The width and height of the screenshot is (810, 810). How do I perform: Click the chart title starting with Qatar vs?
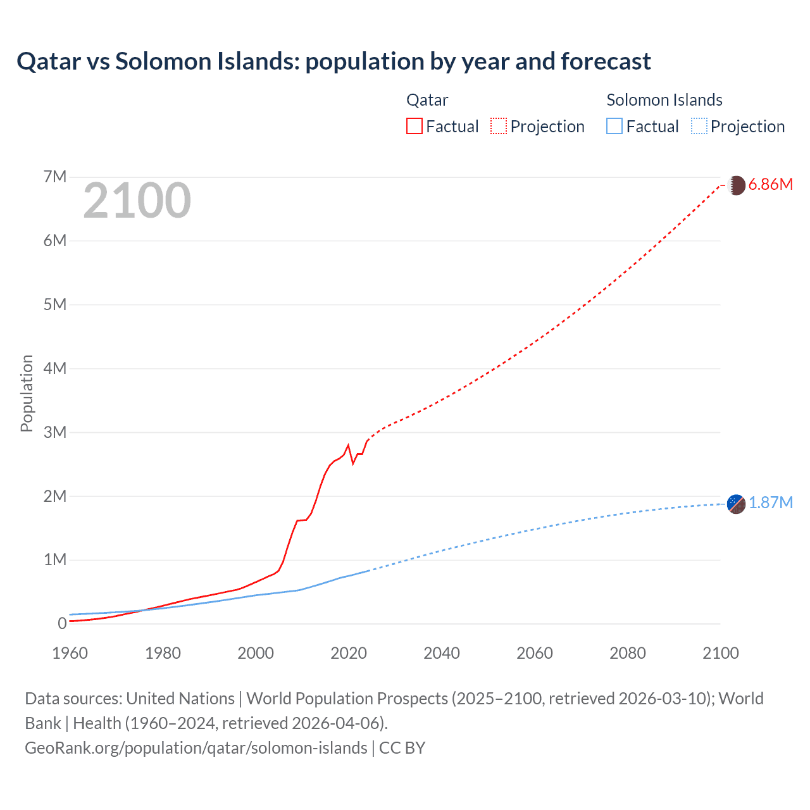pos(333,61)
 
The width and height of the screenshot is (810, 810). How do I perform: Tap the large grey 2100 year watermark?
pos(137,201)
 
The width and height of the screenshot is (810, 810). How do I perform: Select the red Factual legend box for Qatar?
pos(414,126)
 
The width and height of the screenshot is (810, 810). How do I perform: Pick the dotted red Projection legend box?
pos(498,126)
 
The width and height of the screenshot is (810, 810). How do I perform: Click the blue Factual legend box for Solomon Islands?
pos(614,126)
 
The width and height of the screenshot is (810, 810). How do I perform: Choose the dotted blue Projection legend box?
pos(699,126)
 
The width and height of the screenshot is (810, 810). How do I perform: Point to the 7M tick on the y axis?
pos(55,177)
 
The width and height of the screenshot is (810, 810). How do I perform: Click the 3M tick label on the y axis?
pos(55,432)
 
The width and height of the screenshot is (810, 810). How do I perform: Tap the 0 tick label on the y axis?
pos(62,623)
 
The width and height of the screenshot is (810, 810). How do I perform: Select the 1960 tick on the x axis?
pos(70,653)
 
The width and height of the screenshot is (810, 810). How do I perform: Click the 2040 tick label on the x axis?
pos(442,653)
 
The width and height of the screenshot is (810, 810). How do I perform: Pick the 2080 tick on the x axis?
pos(628,653)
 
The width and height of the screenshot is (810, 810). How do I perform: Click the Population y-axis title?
pos(27,393)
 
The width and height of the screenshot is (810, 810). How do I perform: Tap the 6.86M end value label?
pos(770,185)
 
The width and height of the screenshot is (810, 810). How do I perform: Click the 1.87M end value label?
pos(770,503)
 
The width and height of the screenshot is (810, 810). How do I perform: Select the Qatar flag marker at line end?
pos(736,185)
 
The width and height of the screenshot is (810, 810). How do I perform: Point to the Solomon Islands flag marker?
pos(736,504)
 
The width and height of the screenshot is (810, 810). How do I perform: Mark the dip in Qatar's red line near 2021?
pos(353,463)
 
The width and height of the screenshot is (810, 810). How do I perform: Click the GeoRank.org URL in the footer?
pos(196,747)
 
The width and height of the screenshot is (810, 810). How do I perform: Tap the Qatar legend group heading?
pos(427,100)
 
